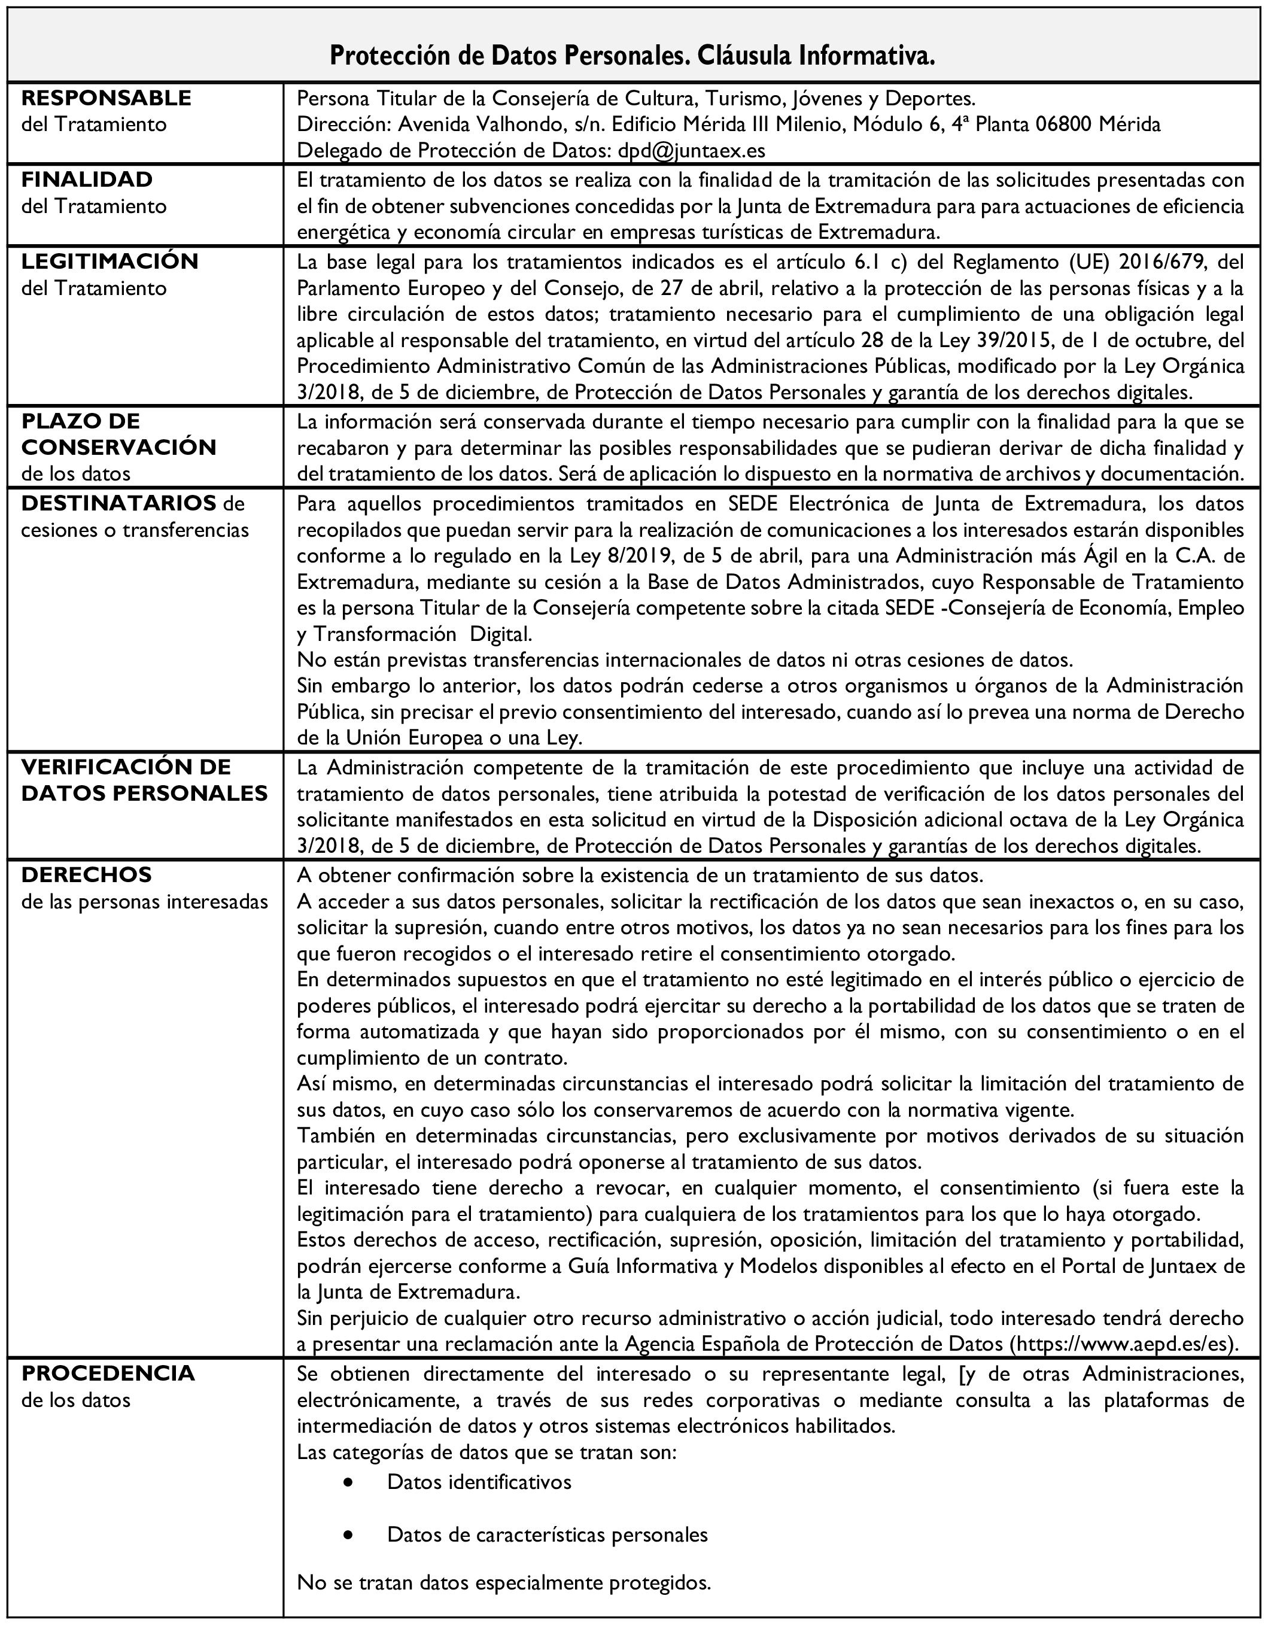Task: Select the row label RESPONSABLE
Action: [107, 98]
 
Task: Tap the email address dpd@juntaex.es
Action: [692, 150]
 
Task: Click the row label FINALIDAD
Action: [87, 180]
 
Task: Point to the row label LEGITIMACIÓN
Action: [110, 262]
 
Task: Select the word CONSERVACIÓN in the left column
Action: [119, 448]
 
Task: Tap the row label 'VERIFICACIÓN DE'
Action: [126, 767]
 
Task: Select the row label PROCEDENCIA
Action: [108, 1373]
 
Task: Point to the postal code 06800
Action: [1063, 124]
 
